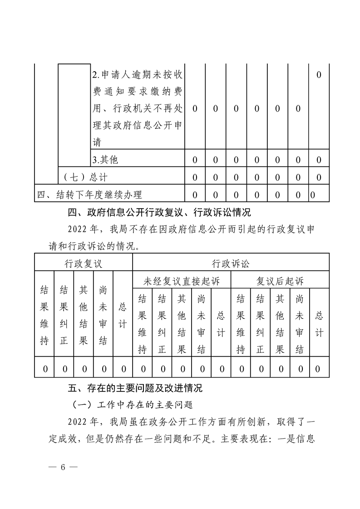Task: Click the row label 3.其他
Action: pyautogui.click(x=105, y=160)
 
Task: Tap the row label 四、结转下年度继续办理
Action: pyautogui.click(x=89, y=195)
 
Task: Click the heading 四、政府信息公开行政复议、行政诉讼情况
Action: pyautogui.click(x=159, y=212)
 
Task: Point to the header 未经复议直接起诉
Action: pyautogui.click(x=182, y=281)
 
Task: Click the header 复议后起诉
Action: pyautogui.click(x=280, y=281)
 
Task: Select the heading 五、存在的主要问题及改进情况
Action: pyautogui.click(x=135, y=388)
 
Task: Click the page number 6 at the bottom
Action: pyautogui.click(x=64, y=468)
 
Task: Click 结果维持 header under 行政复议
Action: pyautogui.click(x=44, y=315)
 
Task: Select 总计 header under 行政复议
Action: pyautogui.click(x=123, y=315)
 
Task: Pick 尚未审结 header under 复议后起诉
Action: pyautogui.click(x=300, y=324)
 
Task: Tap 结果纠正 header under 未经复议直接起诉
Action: pyautogui.click(x=162, y=324)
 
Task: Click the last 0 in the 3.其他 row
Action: pyautogui.click(x=319, y=160)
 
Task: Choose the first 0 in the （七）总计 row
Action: pyautogui.click(x=195, y=177)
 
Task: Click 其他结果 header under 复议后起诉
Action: pyautogui.click(x=280, y=324)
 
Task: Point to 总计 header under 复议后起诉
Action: pyautogui.click(x=319, y=324)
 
